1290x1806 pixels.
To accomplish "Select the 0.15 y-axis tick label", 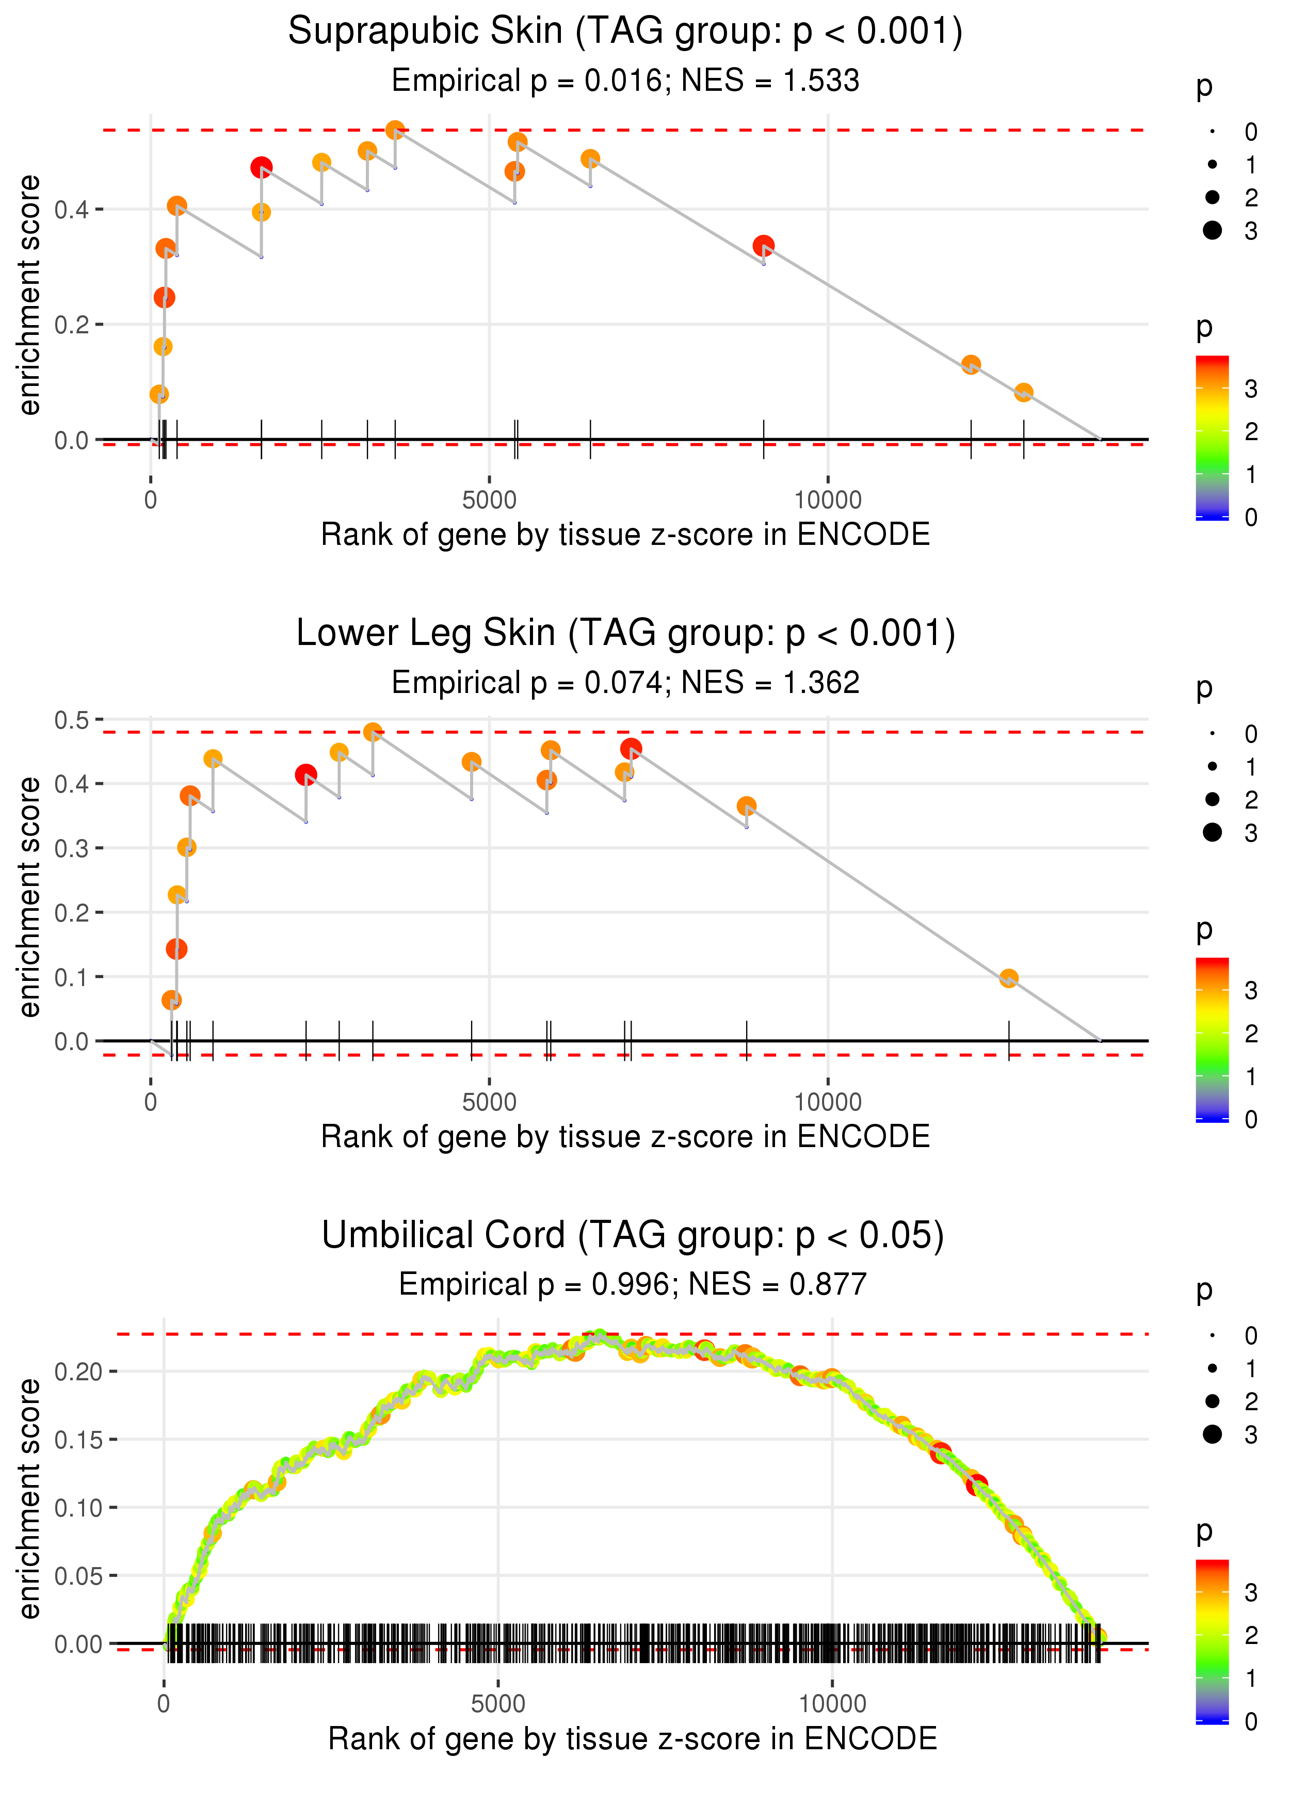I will pyautogui.click(x=78, y=1439).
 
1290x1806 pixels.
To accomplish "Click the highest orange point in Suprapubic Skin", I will pyautogui.click(x=395, y=130).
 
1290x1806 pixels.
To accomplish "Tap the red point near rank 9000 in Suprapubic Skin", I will pyautogui.click(x=763, y=246).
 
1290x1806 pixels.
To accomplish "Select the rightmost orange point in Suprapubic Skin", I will pyautogui.click(x=1023, y=392).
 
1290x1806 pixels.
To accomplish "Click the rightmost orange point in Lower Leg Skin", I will pyautogui.click(x=1009, y=978).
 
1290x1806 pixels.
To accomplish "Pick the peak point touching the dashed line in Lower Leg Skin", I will pyautogui.click(x=373, y=732).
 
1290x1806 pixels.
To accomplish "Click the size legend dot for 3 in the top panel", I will pyautogui.click(x=1212, y=230).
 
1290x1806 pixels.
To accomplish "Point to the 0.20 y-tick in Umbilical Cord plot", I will pyautogui.click(x=78, y=1372).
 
